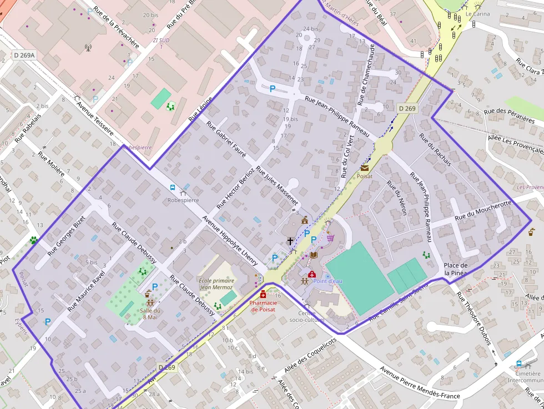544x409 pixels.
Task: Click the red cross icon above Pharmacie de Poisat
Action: click(x=263, y=294)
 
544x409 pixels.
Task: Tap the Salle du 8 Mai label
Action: click(x=150, y=314)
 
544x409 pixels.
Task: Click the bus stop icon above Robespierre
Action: click(x=173, y=188)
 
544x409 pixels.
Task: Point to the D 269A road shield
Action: click(x=24, y=55)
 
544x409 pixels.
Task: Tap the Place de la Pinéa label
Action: click(x=456, y=269)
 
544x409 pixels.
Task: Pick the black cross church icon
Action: click(x=290, y=241)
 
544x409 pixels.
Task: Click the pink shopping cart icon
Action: click(x=331, y=238)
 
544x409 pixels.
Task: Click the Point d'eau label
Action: click(x=328, y=281)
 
